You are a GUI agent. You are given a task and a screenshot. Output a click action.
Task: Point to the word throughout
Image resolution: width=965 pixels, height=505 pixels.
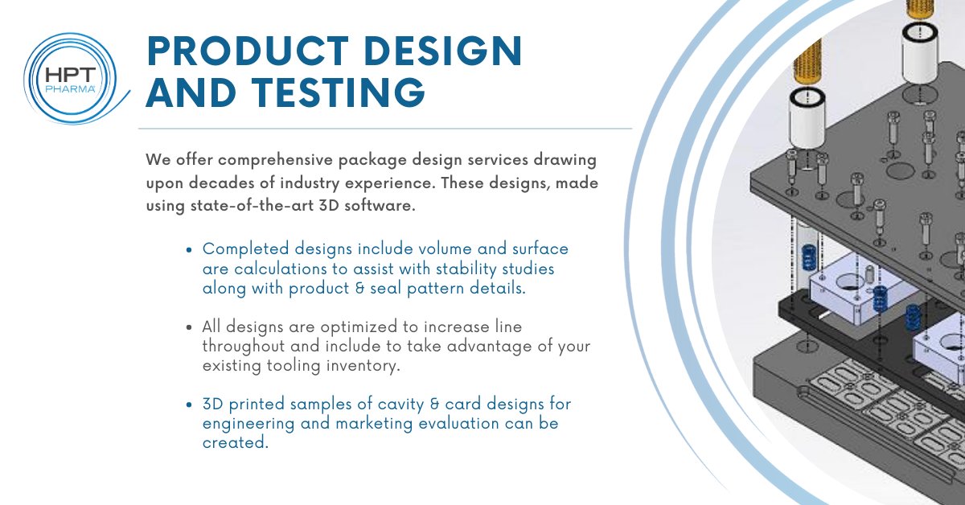click(242, 347)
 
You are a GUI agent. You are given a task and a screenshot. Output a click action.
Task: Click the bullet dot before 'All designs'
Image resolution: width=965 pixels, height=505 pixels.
click(189, 328)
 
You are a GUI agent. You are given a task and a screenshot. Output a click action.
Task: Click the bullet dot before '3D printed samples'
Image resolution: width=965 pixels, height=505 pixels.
click(189, 404)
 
